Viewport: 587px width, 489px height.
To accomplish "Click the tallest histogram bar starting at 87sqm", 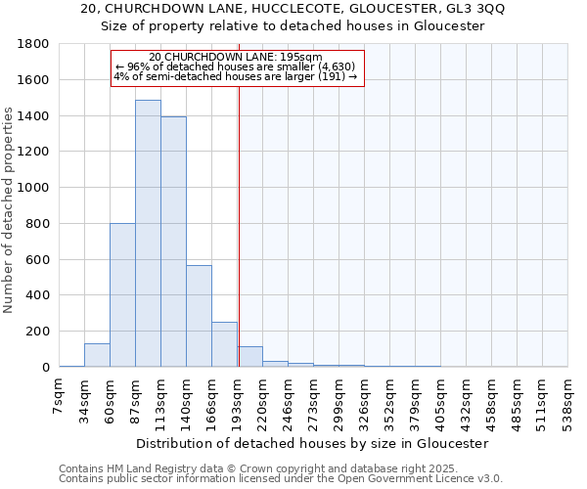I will pyautogui.click(x=148, y=235).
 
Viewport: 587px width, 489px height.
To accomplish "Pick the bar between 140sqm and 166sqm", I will pyautogui.click(x=199, y=316).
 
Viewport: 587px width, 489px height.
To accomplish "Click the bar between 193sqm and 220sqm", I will pyautogui.click(x=249, y=357).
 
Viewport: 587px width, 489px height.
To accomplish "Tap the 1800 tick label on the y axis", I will pyautogui.click(x=34, y=44).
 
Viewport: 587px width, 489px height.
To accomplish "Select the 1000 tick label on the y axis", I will pyautogui.click(x=34, y=188).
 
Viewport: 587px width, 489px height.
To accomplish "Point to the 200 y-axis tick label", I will pyautogui.click(x=37, y=332).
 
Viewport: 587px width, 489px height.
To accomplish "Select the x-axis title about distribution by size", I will pyautogui.click(x=312, y=443).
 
